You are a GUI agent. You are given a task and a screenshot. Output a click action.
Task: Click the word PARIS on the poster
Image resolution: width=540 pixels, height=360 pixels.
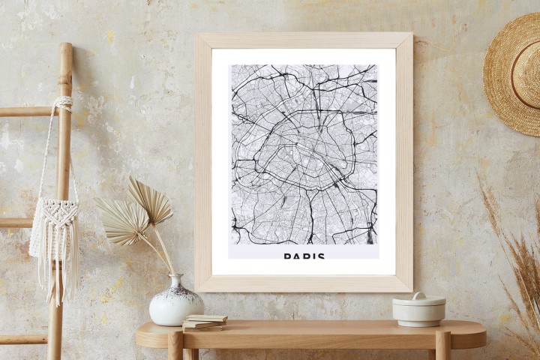[304, 256]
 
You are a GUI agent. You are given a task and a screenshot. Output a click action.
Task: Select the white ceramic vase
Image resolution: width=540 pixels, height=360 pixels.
[175, 303]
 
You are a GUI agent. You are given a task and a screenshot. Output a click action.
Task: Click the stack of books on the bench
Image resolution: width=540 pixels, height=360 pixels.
[205, 322]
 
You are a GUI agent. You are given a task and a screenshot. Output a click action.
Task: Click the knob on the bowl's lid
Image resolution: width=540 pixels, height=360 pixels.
[418, 295]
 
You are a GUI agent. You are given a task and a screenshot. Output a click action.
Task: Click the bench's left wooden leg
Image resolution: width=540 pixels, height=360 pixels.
[175, 346]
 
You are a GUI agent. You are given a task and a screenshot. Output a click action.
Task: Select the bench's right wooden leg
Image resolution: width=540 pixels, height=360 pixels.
[442, 346]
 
